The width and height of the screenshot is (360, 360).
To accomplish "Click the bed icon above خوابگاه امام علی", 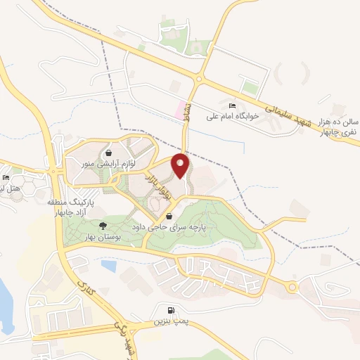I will pos(233,105).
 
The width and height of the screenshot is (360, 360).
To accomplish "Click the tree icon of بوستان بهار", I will pos(103,225).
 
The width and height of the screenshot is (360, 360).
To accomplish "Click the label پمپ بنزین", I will pos(169,321).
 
